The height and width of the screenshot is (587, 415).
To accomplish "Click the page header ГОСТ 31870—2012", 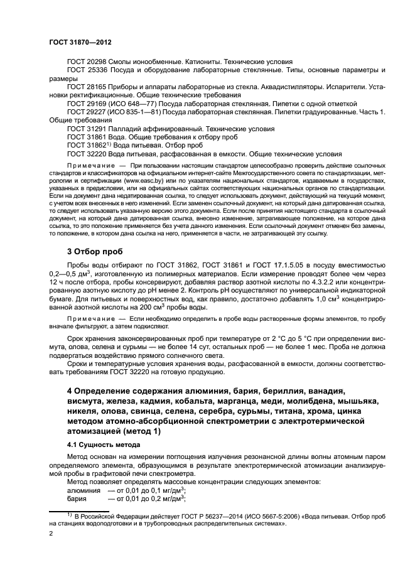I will pyautogui.click(x=80, y=41).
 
